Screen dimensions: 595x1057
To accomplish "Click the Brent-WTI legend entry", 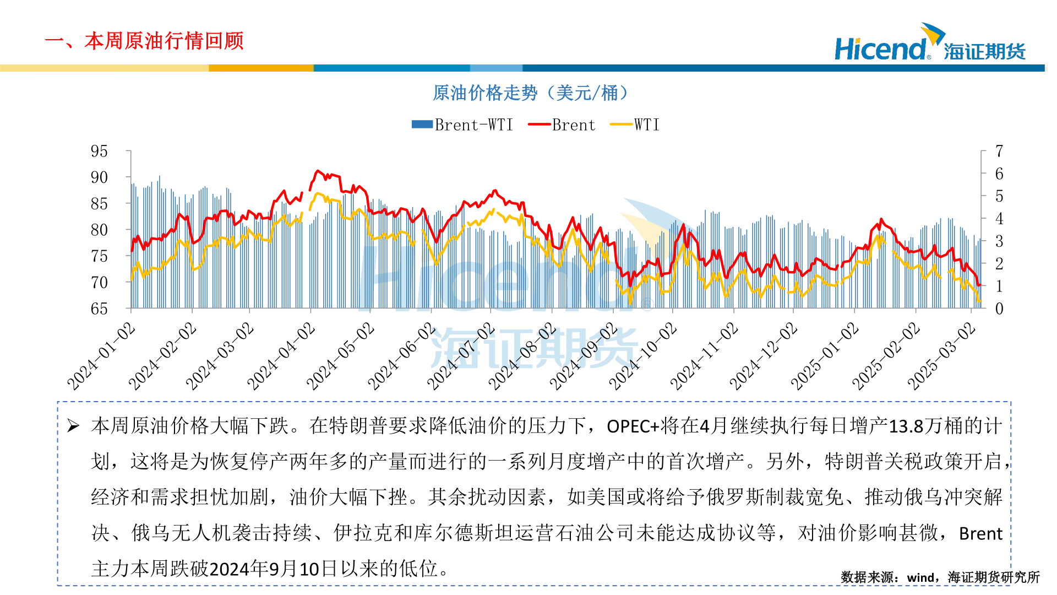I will (462, 125).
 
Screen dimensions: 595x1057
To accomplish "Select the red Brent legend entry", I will (562, 125).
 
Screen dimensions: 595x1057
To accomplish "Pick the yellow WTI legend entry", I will (635, 125).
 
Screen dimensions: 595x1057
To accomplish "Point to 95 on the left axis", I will (99, 151).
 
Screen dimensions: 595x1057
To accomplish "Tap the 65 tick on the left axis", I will (99, 309).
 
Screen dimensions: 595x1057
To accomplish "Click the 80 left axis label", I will (99, 230).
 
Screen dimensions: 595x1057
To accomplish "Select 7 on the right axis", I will (999, 151).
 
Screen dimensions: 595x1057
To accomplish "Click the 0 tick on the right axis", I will (999, 309).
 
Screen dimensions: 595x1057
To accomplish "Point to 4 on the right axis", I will (999, 219).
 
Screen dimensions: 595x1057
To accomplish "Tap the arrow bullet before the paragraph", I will (73, 426).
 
